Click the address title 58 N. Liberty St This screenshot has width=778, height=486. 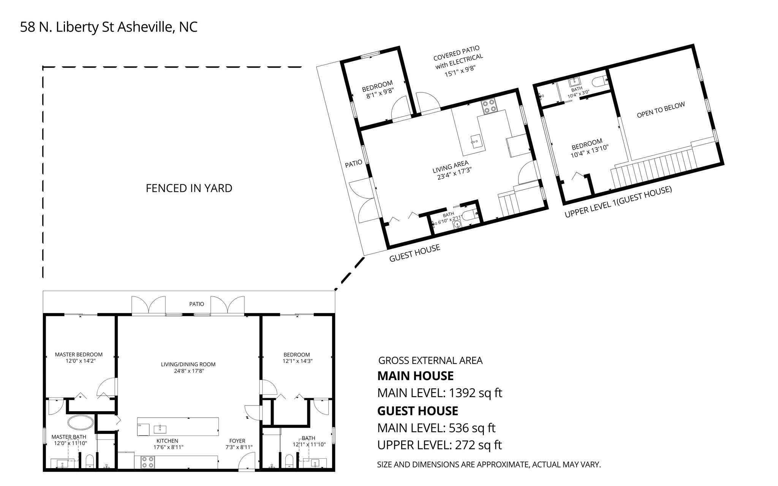coord(67,27)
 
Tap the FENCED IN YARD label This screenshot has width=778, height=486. coord(189,188)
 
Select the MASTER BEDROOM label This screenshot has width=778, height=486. coord(79,355)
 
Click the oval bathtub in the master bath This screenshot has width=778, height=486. coord(81,422)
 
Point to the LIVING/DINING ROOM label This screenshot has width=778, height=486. coord(188,364)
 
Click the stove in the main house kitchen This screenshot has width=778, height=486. coord(148,462)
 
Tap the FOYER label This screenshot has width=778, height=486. coord(237,441)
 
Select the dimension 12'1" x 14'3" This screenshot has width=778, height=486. coord(297,361)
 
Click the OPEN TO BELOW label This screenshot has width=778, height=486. coord(661,110)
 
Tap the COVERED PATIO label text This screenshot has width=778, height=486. coord(457,53)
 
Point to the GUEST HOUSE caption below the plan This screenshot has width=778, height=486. coord(415,253)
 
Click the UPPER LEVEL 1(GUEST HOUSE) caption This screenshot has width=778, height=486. coord(618,202)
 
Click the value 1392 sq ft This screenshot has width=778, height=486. coord(476,393)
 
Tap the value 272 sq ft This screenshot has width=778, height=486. coord(478,445)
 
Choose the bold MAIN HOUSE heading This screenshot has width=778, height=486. coord(415,376)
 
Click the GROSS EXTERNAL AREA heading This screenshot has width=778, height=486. coord(430,361)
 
